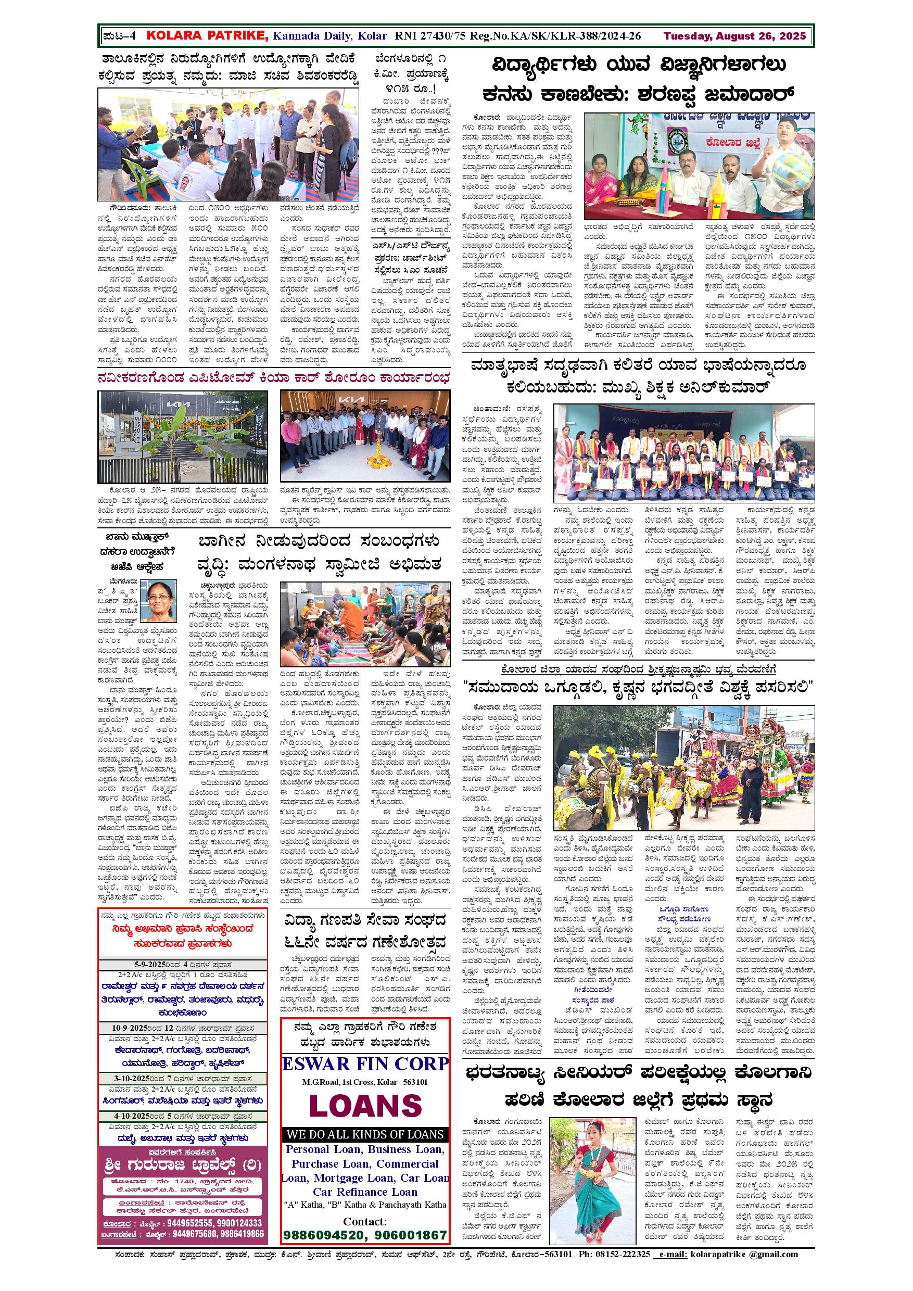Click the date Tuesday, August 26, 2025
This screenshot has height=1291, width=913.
(x=735, y=36)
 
